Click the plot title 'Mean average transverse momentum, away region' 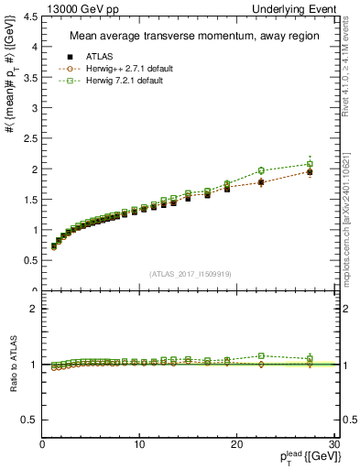tap(188, 37)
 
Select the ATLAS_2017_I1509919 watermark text tap(190, 273)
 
